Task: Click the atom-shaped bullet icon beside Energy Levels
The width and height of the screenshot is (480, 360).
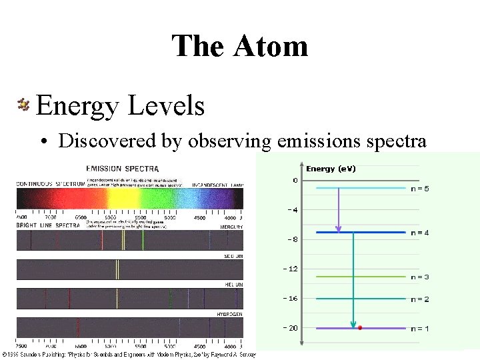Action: [x=24, y=104]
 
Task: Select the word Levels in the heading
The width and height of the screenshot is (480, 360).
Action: [x=162, y=105]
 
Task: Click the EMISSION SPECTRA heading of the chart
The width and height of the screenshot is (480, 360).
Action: [x=122, y=168]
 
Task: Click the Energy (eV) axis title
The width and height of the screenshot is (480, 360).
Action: [x=331, y=169]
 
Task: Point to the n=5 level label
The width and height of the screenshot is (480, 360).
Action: [x=419, y=189]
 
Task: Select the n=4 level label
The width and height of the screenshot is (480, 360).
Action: [x=419, y=233]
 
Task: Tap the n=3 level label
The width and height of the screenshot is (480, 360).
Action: [x=419, y=277]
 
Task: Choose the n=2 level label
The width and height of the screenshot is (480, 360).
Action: [x=419, y=299]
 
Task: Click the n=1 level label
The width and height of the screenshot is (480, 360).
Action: [x=419, y=329]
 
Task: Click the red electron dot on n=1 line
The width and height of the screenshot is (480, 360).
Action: [x=360, y=328]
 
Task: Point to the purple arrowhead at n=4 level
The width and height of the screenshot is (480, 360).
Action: [x=339, y=229]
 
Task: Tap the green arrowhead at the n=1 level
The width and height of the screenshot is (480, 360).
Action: [x=353, y=325]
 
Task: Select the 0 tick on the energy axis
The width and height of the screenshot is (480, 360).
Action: [x=295, y=181]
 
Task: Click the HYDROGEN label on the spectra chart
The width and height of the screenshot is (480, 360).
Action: [x=229, y=313]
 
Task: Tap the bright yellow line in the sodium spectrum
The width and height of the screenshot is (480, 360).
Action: [x=117, y=269]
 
